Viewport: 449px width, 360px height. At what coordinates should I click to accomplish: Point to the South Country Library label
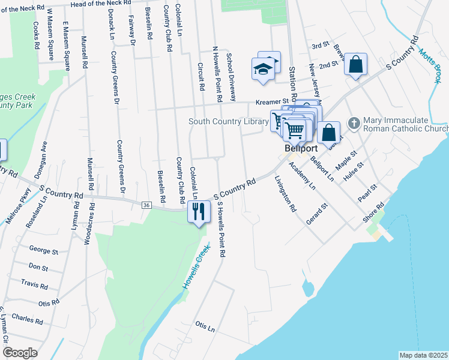pyautogui.click(x=228, y=121)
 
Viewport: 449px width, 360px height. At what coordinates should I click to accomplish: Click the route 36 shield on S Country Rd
pyautogui.click(x=146, y=205)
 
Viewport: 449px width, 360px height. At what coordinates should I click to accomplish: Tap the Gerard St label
pyautogui.click(x=316, y=214)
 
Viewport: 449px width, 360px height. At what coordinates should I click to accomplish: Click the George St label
pyautogui.click(x=43, y=251)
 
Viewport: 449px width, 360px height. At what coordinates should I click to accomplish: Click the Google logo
pyautogui.click(x=19, y=353)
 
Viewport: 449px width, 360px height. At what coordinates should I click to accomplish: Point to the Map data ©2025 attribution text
pyautogui.click(x=423, y=355)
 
